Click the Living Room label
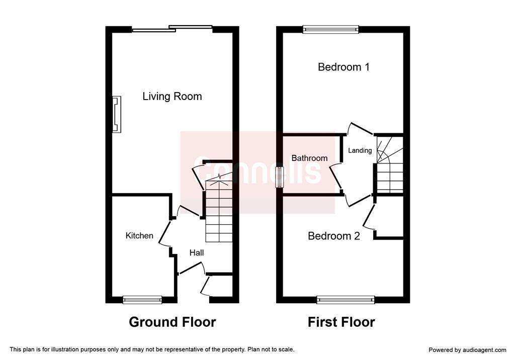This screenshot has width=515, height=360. click(172, 97)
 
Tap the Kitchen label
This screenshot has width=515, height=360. click(139, 235)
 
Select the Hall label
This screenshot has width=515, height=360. click(197, 252)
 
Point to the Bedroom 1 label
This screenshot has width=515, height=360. click(344, 67)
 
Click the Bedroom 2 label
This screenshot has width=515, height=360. click(334, 236)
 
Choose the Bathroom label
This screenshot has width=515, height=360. click(309, 158)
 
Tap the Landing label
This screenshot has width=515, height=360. click(360, 150)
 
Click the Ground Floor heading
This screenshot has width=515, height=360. click(173, 322)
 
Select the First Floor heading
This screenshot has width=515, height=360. click(341, 322)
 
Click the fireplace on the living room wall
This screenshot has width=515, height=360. click(117, 114)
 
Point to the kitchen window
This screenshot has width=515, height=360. click(142, 300)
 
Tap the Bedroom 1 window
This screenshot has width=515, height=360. click(331, 30)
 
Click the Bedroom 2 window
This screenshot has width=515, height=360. click(346, 299)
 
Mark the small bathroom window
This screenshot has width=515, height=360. click(280, 177)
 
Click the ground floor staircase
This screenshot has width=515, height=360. click(219, 210)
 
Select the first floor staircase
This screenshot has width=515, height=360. click(390, 165)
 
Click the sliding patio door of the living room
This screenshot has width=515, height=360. click(173, 29)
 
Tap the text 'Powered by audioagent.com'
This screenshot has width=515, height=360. click(467, 350)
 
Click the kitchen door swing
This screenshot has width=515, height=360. click(165, 234)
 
